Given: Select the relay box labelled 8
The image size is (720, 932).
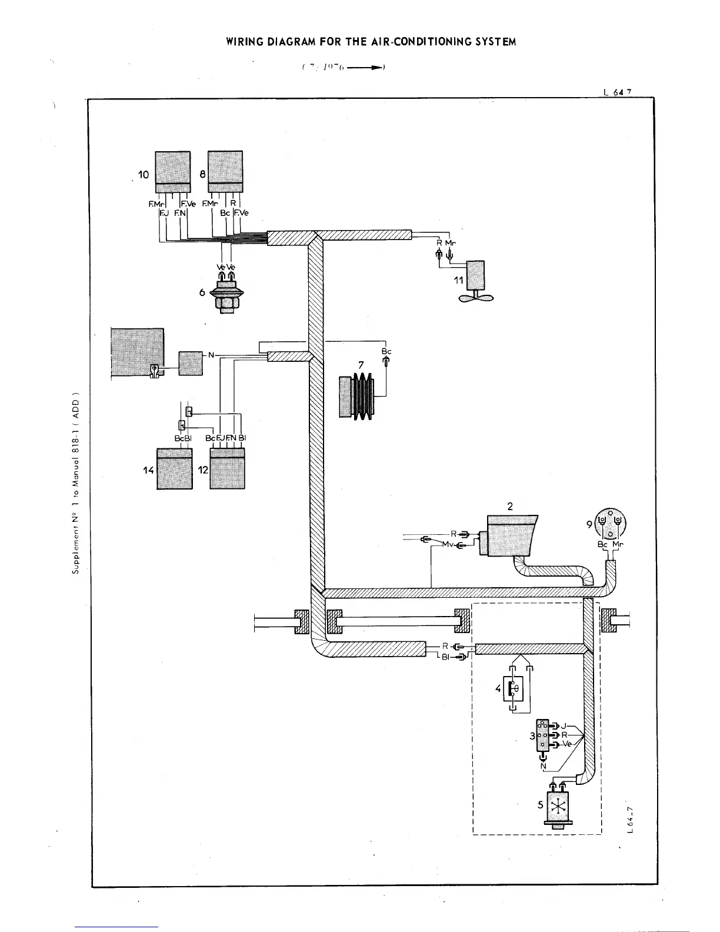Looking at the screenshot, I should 226,167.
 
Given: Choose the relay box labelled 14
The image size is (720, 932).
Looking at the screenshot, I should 175,469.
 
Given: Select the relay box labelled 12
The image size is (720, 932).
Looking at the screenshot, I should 228,469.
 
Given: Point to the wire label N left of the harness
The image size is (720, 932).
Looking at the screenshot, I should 211,355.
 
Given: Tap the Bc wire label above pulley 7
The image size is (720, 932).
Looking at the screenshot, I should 386,352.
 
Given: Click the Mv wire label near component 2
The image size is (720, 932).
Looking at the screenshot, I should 448,545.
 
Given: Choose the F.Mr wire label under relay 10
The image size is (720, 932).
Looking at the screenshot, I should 155,204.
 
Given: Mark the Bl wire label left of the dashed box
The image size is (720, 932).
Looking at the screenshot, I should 446,658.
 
